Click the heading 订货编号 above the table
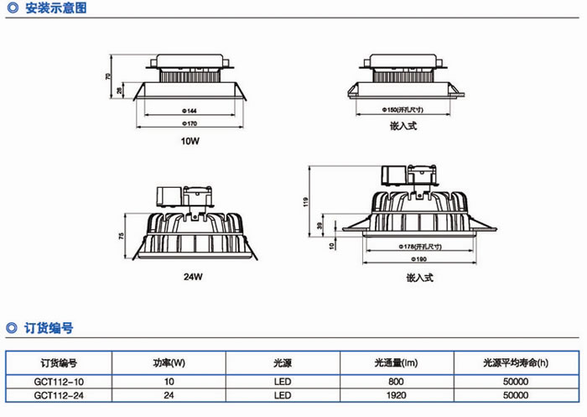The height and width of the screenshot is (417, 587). coord(49,328)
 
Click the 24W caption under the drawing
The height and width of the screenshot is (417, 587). coord(193,275)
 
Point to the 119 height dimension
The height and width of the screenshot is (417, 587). coord(307,201)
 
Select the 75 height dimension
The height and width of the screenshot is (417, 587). coord(121,237)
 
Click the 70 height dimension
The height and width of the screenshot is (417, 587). coord(108,76)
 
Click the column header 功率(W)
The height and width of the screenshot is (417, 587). coord(169,364)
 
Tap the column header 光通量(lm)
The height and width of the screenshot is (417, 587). coord(396,364)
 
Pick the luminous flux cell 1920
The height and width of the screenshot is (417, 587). coord(396,394)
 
